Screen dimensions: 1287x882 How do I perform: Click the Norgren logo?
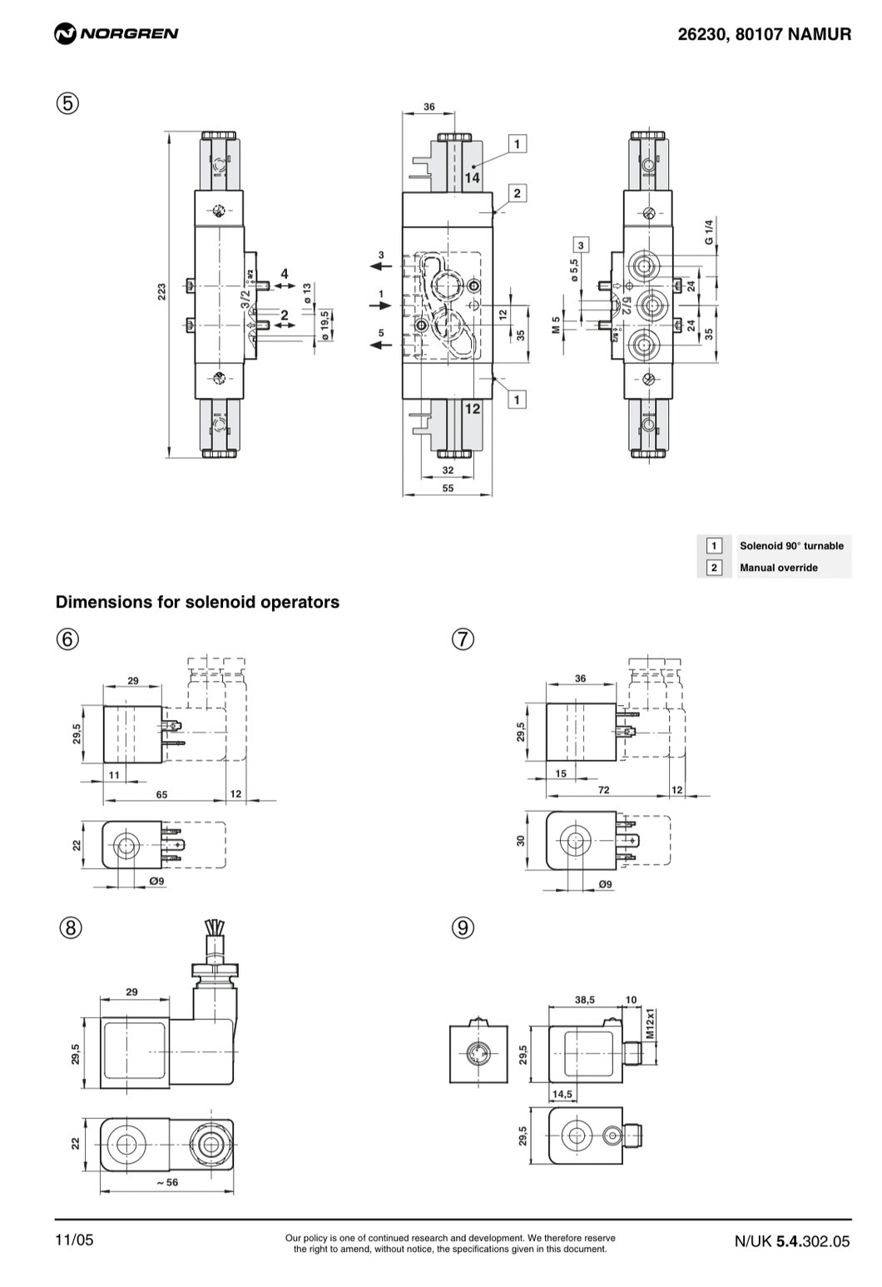point(116,33)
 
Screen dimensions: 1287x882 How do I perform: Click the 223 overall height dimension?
point(162,291)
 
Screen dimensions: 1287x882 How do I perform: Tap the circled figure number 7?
point(463,639)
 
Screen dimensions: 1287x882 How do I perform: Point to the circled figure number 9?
point(463,927)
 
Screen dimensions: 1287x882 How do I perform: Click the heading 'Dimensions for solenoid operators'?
point(197,602)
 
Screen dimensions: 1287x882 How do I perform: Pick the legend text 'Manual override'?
point(778,568)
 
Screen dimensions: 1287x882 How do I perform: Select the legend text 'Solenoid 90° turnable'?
point(791,546)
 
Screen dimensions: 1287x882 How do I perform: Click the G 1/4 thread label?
point(709,231)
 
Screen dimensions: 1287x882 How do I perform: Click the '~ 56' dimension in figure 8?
point(167,1181)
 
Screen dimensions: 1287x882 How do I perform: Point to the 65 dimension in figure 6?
point(161,794)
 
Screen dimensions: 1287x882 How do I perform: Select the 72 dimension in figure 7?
point(604,789)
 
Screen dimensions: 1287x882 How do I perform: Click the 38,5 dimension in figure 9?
point(585,1000)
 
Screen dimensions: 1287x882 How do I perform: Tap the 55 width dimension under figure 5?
point(448,489)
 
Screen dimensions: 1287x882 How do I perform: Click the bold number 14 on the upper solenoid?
point(472,177)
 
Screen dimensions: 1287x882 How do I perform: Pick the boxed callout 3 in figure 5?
point(581,244)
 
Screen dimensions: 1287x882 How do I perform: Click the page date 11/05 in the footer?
point(75,1240)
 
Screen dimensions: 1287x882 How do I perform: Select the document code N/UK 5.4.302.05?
point(791,1241)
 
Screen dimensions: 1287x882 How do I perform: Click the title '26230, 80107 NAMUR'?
point(764,34)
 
